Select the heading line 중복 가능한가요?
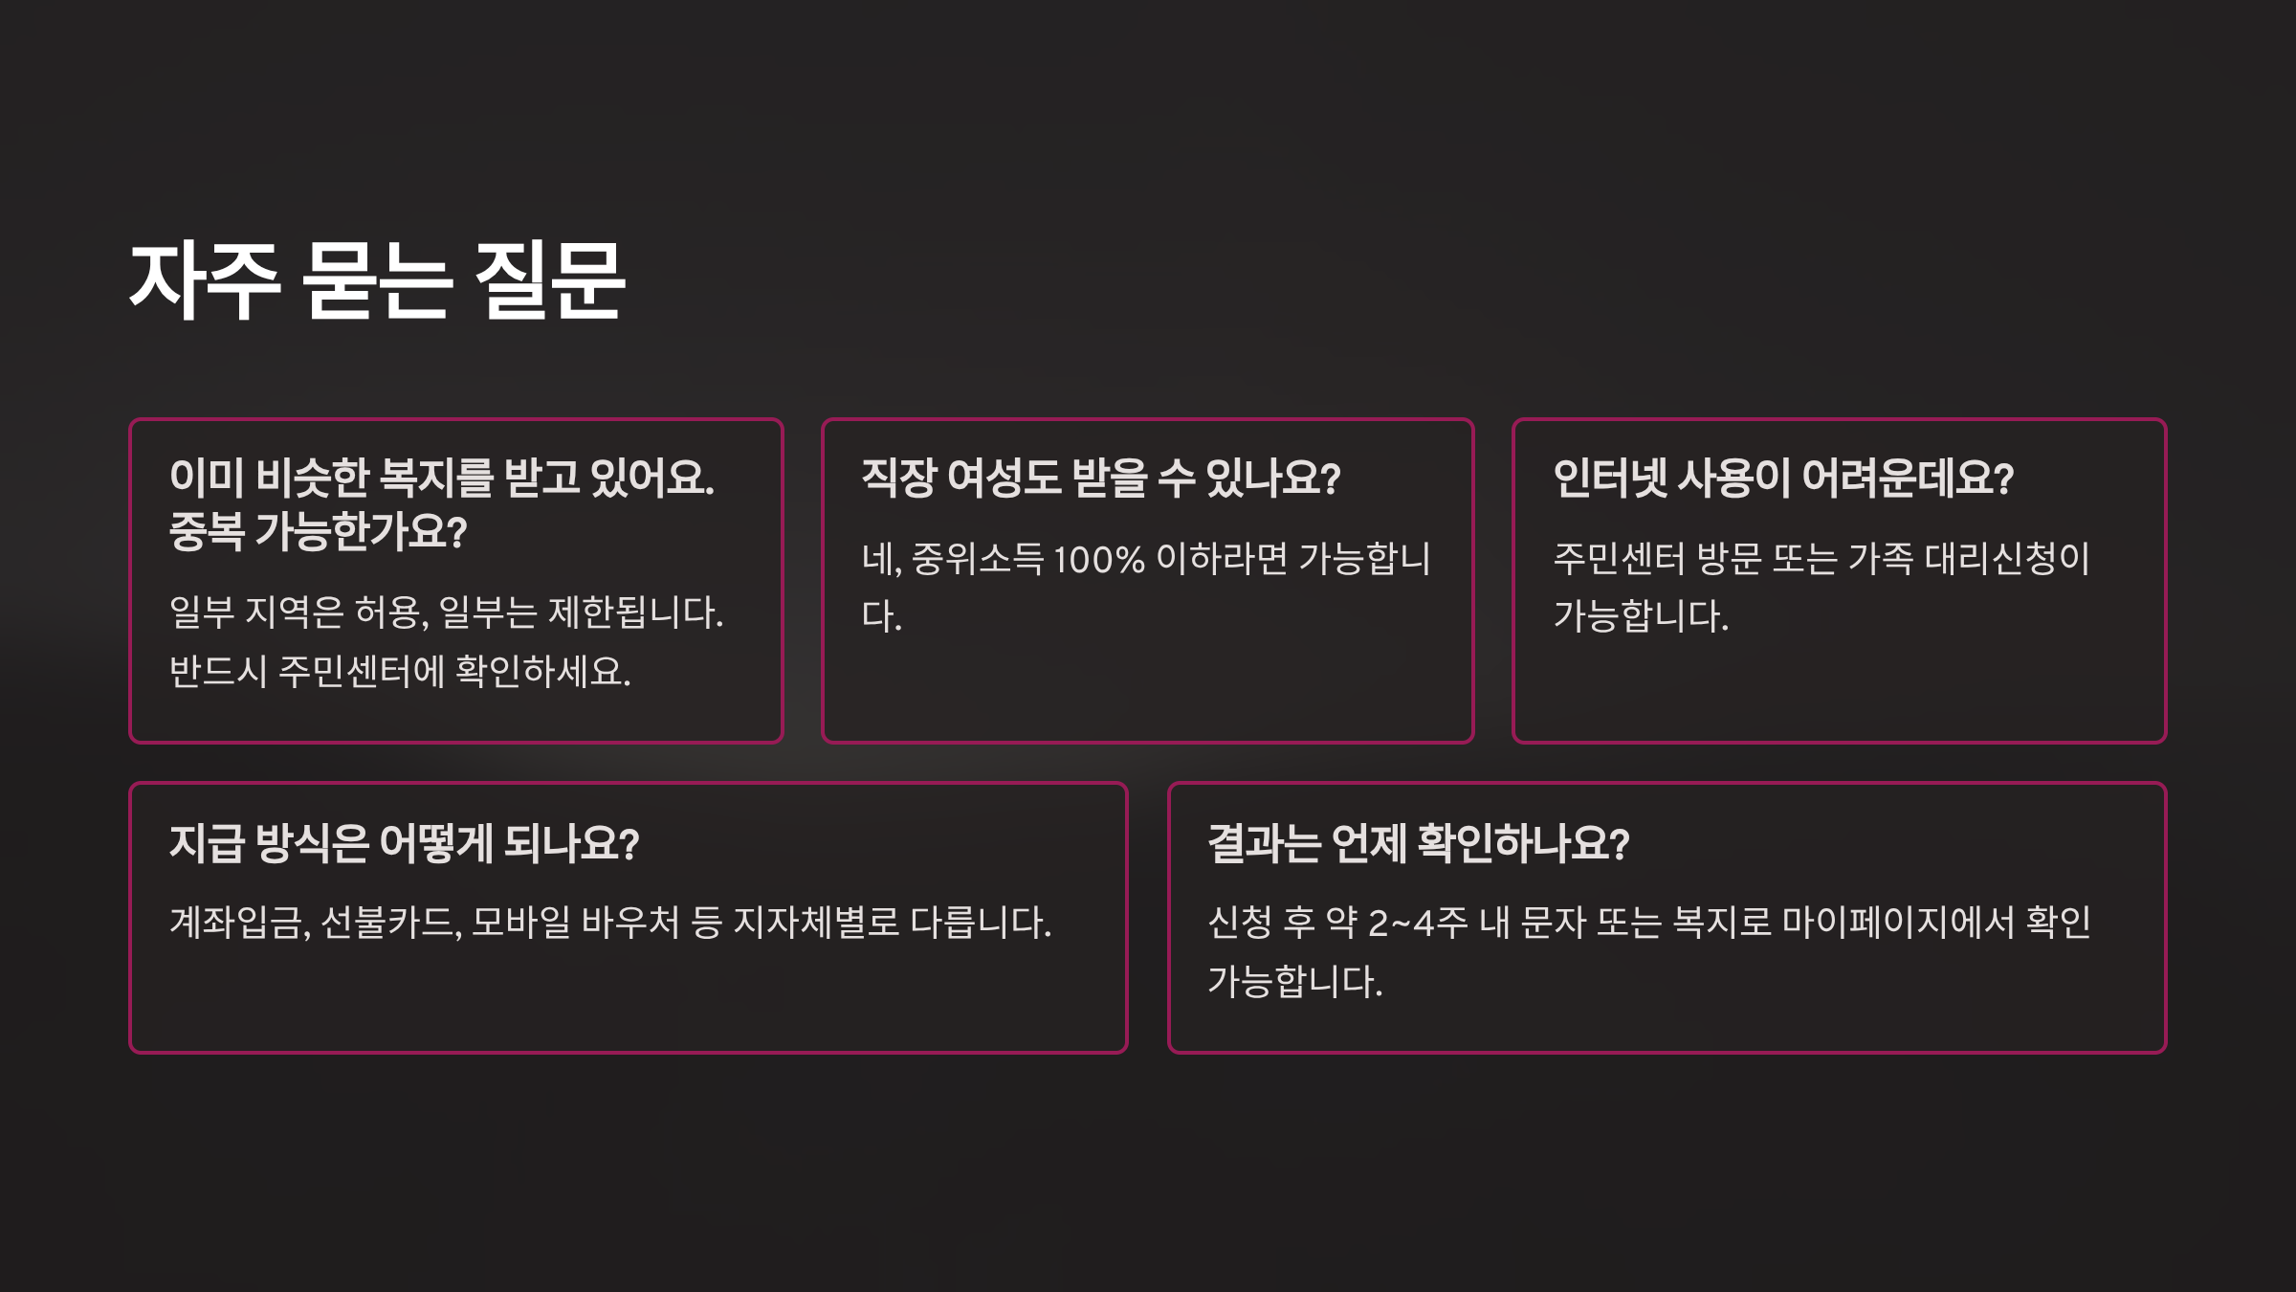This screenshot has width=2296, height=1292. pyautogui.click(x=318, y=531)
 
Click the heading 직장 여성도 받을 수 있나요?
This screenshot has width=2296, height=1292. pyautogui.click(x=1100, y=478)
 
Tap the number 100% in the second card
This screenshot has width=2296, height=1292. pyautogui.click(x=1098, y=559)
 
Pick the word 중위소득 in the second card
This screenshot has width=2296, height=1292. pyautogui.click(x=977, y=559)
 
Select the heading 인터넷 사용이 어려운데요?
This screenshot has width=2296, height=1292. pyautogui.click(x=1783, y=478)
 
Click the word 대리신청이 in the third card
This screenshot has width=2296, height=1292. pyautogui.click(x=2007, y=559)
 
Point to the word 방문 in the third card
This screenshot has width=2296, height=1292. pyautogui.click(x=1728, y=559)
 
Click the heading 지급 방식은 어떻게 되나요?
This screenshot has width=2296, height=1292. pyautogui.click(x=404, y=843)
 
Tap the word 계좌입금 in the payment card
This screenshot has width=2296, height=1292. pyautogui.click(x=238, y=923)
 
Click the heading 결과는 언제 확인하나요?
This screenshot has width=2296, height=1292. pyautogui.click(x=1418, y=843)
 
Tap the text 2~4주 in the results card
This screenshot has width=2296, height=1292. pyautogui.click(x=1417, y=923)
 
